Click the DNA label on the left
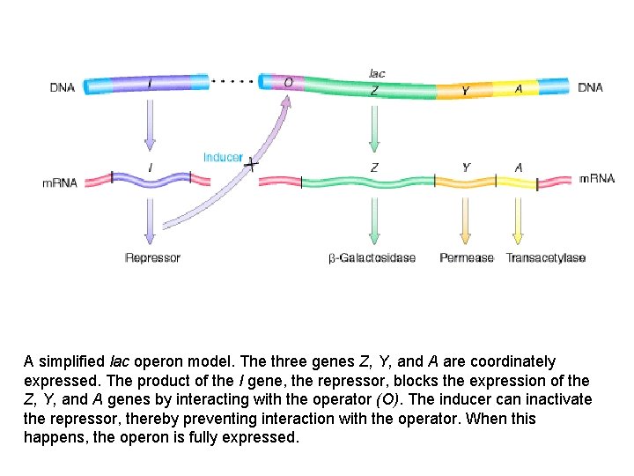coord(62,87)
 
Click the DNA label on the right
coord(590,87)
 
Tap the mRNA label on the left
coord(61,183)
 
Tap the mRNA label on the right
coord(596,179)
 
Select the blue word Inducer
coord(223,158)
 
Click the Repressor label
coord(152,258)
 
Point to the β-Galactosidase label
coord(372,258)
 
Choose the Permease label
coord(467,258)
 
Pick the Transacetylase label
coord(546,258)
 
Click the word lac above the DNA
coord(376,73)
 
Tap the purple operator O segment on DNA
coord(289,83)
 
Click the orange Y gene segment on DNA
coord(465,90)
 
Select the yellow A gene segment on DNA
coord(519,89)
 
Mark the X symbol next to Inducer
coord(253,164)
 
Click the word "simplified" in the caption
coord(70,362)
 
